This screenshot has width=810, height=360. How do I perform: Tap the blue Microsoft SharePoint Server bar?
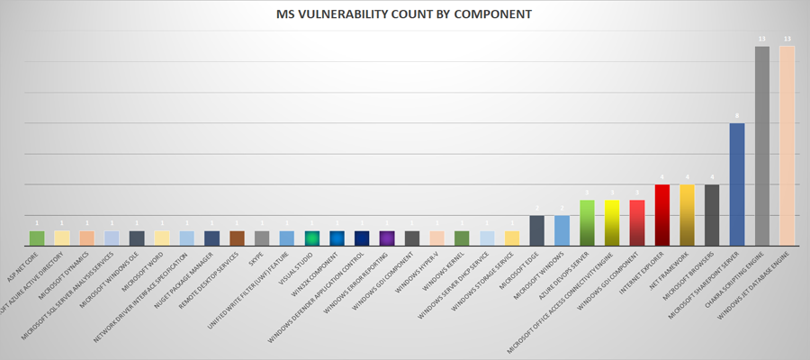click(736, 184)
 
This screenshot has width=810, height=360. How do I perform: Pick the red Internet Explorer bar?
click(661, 215)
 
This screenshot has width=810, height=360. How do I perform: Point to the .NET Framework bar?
click(687, 215)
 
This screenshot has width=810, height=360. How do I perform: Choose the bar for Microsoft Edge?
click(536, 230)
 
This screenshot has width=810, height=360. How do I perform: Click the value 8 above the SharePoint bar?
click(736, 116)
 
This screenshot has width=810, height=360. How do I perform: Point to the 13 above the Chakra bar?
click(761, 40)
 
